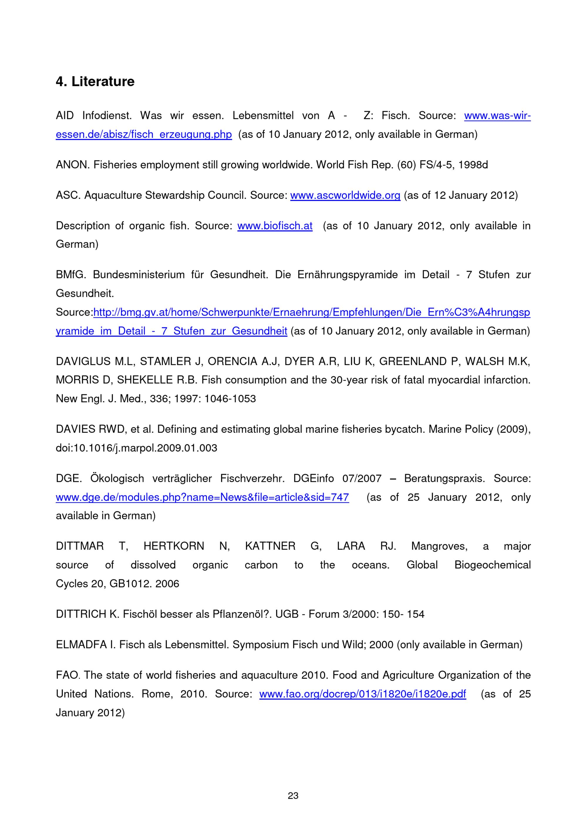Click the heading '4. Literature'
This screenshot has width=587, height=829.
coord(95,81)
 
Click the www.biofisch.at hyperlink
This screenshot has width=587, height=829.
coord(275,226)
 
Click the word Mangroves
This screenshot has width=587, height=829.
coord(439,546)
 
